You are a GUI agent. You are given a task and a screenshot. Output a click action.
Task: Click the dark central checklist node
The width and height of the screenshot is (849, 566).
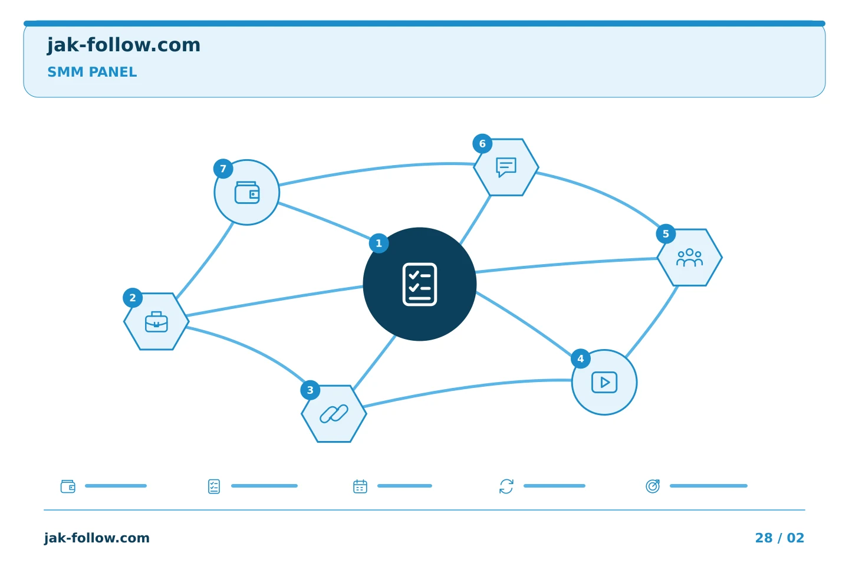coord(420,284)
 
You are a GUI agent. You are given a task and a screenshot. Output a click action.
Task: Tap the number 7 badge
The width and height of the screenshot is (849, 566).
coord(223,169)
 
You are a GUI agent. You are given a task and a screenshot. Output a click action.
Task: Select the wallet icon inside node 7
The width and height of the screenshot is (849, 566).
coord(247,193)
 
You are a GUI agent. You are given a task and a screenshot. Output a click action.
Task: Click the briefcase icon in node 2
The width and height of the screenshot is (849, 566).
coord(156,322)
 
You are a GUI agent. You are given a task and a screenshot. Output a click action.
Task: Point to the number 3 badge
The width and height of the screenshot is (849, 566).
coord(310,390)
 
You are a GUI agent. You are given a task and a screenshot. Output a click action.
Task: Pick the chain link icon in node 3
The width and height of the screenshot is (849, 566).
coord(334,414)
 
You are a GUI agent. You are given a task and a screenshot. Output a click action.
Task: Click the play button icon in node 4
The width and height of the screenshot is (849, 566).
coord(604,382)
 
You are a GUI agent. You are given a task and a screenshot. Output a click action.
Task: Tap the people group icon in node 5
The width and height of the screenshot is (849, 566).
coord(689,258)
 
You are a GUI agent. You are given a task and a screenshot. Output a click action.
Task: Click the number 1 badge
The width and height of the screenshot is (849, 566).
coord(379,243)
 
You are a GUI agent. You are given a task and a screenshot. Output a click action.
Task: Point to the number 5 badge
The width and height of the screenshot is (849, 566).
coord(666,234)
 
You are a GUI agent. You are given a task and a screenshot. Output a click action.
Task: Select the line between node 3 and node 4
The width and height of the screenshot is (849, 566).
coord(466,387)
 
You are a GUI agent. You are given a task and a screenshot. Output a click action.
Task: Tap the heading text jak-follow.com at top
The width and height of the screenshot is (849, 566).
coord(124,45)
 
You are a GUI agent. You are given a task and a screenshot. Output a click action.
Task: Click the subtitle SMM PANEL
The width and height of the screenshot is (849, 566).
coord(92,72)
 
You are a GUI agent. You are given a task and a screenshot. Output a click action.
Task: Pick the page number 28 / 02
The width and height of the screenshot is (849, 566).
coord(779,538)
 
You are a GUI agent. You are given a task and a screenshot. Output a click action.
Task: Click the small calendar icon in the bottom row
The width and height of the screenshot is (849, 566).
coord(360,486)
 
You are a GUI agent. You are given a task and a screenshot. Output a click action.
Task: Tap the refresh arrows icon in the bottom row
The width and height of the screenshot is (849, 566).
coord(506,486)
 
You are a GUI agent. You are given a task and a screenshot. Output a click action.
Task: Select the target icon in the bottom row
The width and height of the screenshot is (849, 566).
coord(653,486)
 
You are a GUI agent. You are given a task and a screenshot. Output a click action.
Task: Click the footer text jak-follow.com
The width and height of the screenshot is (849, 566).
coord(97,538)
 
